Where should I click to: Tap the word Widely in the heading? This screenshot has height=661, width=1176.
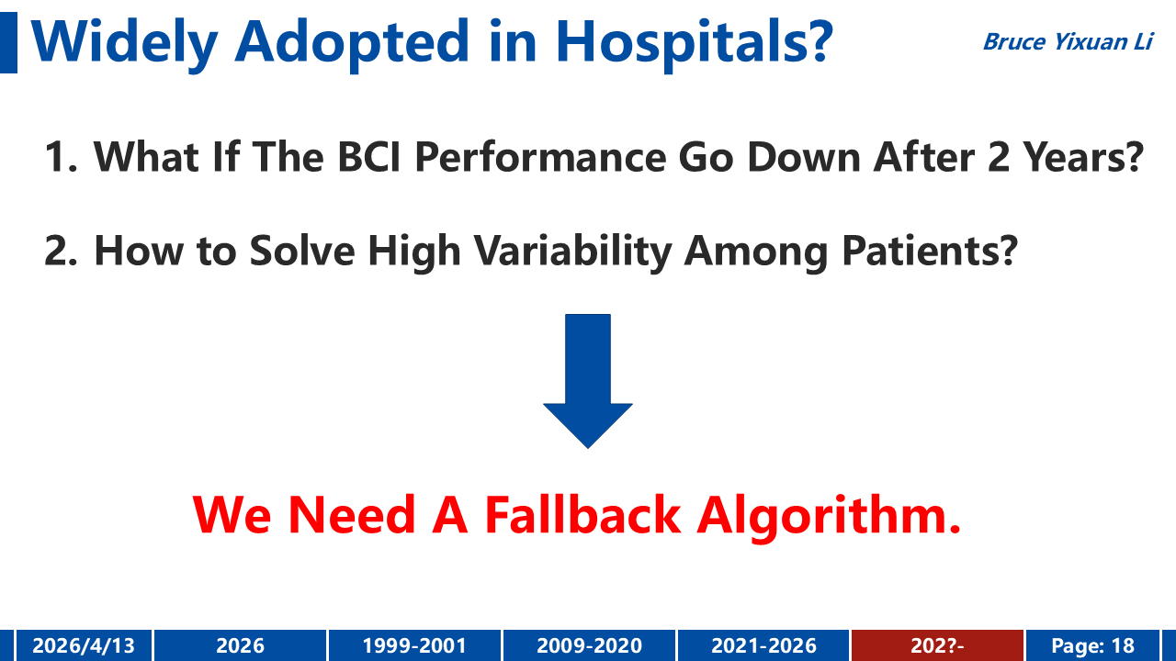coord(125,43)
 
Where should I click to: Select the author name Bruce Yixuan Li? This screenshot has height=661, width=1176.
coord(1068,42)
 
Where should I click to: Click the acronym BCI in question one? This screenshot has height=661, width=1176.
coord(369,157)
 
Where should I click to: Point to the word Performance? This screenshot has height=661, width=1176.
coord(541,157)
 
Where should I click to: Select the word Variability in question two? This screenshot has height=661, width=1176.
coord(573,251)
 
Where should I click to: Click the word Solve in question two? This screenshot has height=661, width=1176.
coord(302,251)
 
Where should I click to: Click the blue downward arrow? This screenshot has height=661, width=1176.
coord(588,381)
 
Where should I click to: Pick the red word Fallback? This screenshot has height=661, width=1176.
coord(583,515)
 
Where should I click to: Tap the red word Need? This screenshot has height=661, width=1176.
coord(352,515)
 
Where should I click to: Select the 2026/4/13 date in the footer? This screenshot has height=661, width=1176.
coord(84,645)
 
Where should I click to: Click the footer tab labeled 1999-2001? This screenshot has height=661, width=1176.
coord(414,645)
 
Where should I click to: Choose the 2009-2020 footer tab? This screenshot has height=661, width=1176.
coord(589,645)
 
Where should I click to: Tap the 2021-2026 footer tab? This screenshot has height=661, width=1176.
coord(763,645)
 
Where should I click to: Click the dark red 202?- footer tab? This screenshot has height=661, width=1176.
coord(938,645)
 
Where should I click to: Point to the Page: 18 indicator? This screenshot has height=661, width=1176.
coord(1093,645)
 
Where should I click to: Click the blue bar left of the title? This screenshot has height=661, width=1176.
coord(8,43)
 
